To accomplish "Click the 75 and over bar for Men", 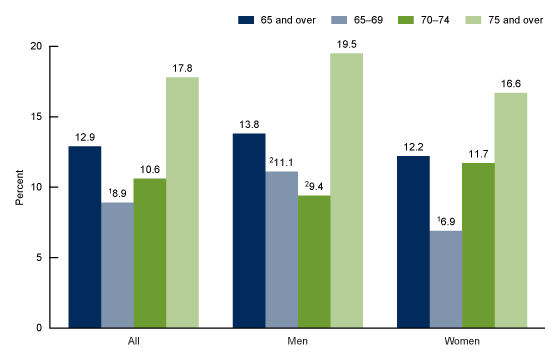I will coord(347,190).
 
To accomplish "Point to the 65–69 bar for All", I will coord(118,265).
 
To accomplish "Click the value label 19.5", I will coord(347,43).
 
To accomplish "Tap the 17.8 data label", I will coord(182,67).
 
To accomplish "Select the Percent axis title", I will coord(19,187).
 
